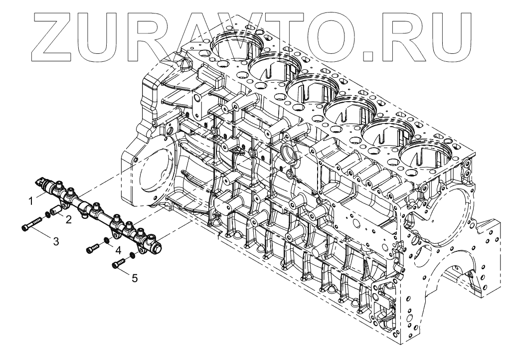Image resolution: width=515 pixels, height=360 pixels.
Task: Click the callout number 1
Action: click(31, 202)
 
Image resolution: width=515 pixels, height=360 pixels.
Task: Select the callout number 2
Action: click(68, 219)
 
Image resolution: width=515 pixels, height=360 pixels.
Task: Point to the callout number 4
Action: click(118, 249)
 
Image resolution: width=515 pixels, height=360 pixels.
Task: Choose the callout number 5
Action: click(135, 278)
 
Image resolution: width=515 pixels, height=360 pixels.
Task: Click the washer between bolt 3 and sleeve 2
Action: click(48, 216)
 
